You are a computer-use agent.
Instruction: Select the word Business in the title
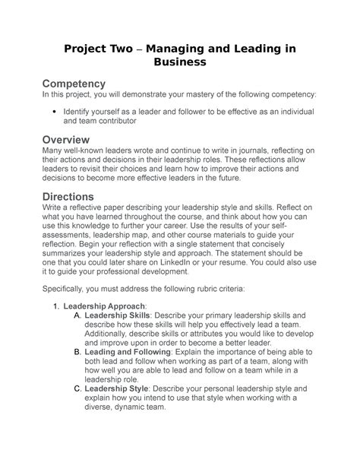pyautogui.click(x=178, y=65)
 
